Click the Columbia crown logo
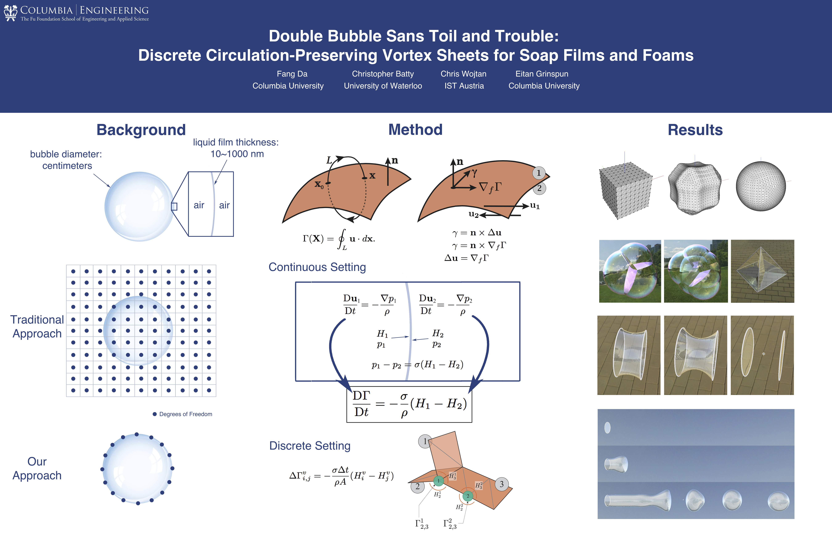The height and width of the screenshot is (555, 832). pyautogui.click(x=11, y=13)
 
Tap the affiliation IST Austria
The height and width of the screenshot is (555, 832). pyautogui.click(x=464, y=86)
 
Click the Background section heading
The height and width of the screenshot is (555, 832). pyautogui.click(x=141, y=130)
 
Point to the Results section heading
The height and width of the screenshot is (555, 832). pyautogui.click(x=695, y=130)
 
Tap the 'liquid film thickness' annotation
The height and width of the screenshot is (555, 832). pyautogui.click(x=236, y=148)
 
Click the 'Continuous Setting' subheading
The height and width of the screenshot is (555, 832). pyautogui.click(x=317, y=267)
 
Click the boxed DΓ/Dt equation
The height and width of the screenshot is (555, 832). pyautogui.click(x=409, y=404)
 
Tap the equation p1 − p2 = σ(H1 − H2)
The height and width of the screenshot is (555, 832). pyautogui.click(x=417, y=365)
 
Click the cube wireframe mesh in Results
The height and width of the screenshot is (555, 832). pyautogui.click(x=625, y=190)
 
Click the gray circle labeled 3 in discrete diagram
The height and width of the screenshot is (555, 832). pyautogui.click(x=502, y=484)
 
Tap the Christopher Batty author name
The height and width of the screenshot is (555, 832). pyautogui.click(x=383, y=74)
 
